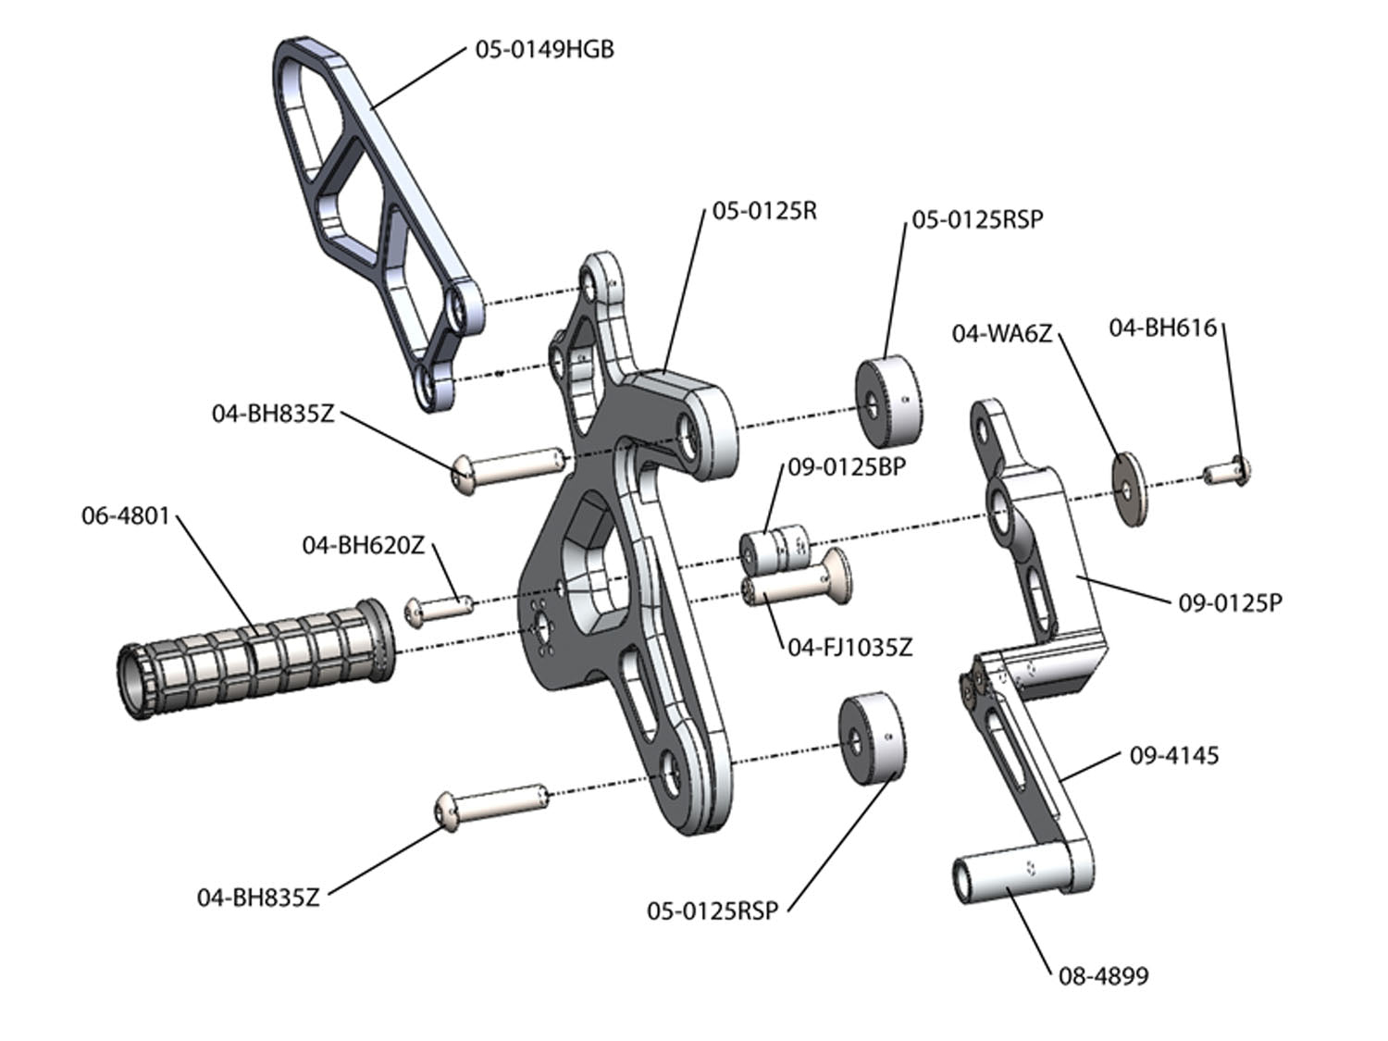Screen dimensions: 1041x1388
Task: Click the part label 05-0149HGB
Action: coord(544,49)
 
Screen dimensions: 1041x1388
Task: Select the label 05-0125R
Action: coord(764,211)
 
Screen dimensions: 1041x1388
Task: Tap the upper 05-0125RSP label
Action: coord(977,219)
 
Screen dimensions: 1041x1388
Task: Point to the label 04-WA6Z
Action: coord(1002,333)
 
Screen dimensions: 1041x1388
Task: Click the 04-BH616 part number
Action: coord(1162,328)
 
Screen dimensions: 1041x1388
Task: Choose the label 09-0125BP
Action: coord(846,467)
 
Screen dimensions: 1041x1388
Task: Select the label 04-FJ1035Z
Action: coord(849,647)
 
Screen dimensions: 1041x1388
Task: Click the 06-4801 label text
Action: coord(126,515)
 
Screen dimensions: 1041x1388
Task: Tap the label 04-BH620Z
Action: coord(363,545)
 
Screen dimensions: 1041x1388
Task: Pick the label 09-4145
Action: coord(1173,755)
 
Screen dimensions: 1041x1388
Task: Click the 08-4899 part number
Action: coord(1103,975)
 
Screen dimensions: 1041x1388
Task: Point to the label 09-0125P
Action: coord(1230,603)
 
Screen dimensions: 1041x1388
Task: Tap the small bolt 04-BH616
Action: coord(1228,473)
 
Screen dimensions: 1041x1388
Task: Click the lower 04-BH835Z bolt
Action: coord(490,802)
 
